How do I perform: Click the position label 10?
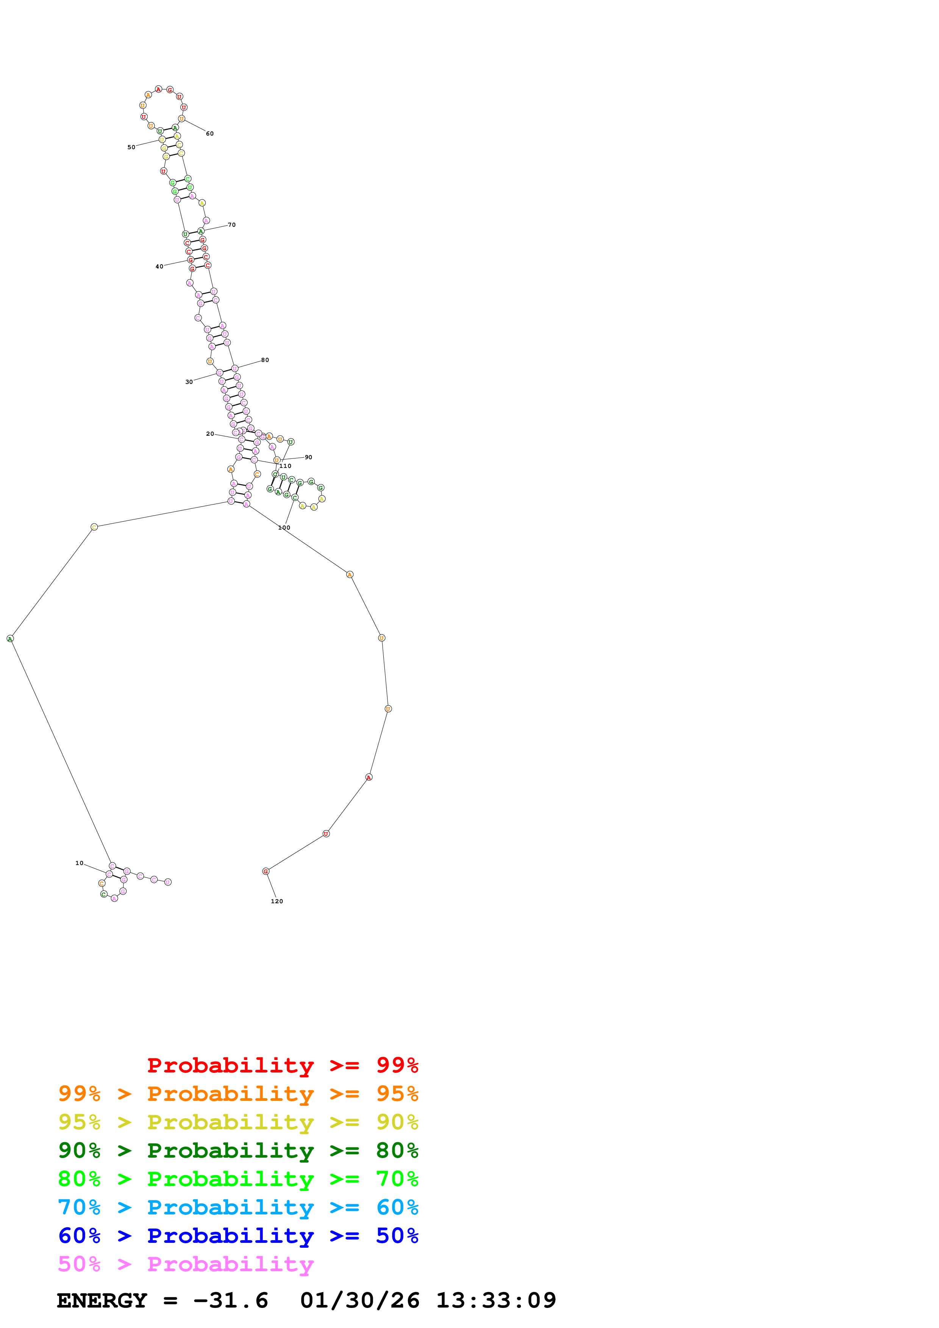tap(79, 863)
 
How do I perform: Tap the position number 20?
tap(210, 434)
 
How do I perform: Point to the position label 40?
tap(159, 267)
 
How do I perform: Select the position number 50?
tap(131, 148)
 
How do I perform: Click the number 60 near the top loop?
tap(210, 134)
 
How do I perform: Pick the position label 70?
tap(231, 225)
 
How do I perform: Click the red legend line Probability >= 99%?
tap(282, 1065)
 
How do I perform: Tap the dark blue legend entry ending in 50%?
tap(238, 1236)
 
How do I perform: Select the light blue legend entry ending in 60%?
tap(238, 1207)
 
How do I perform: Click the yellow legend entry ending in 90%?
tap(238, 1122)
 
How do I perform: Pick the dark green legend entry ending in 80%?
tap(238, 1150)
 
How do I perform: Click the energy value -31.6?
tap(231, 1301)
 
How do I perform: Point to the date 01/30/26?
tap(359, 1301)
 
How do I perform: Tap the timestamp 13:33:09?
tap(496, 1301)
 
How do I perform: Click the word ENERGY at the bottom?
tap(102, 1301)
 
